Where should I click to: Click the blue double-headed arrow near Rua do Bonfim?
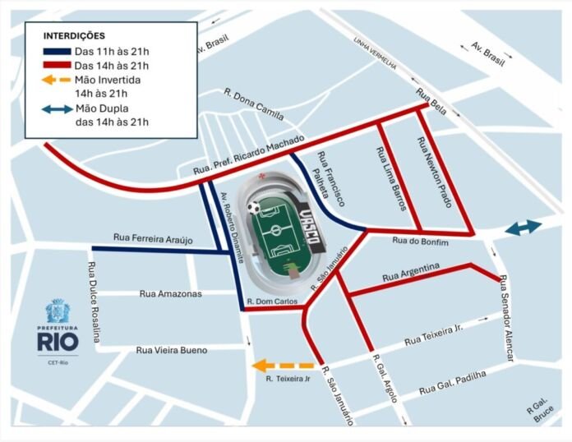523,228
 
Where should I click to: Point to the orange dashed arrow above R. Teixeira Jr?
283,366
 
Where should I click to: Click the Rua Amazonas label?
170,293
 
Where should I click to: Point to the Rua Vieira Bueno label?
171,351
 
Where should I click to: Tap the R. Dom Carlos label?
272,301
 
